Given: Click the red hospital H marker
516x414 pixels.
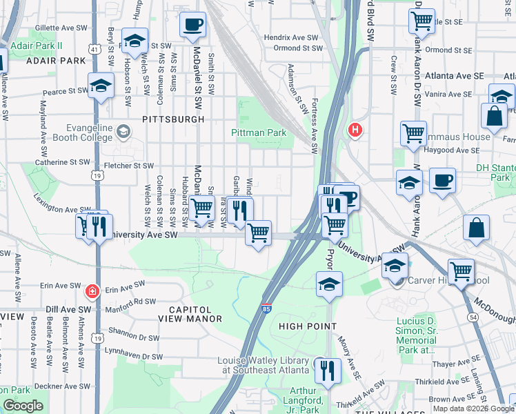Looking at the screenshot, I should pyautogui.click(x=355, y=129).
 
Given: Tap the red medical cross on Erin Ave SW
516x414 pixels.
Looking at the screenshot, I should pyautogui.click(x=90, y=292).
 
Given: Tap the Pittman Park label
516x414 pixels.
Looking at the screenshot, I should pyautogui.click(x=258, y=132).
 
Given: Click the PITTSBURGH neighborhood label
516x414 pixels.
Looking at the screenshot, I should pyautogui.click(x=173, y=119).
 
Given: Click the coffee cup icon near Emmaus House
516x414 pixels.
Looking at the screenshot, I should pyautogui.click(x=442, y=181).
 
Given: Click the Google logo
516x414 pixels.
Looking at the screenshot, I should pyautogui.click(x=23, y=406).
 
